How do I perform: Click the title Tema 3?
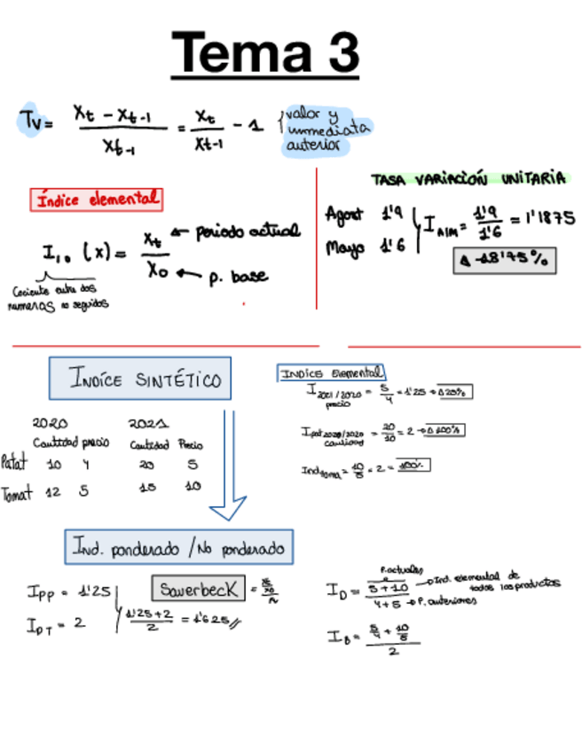(x=265, y=52)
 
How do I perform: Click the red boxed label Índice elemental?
(x=97, y=200)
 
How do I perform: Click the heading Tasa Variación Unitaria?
(x=468, y=178)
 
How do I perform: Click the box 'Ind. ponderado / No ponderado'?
(x=179, y=548)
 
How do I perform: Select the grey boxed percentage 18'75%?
(x=505, y=261)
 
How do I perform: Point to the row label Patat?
(x=15, y=462)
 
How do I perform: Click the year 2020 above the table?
(x=50, y=424)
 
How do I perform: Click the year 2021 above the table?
(x=148, y=424)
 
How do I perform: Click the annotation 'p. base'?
(x=239, y=277)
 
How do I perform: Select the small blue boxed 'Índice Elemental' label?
(x=331, y=373)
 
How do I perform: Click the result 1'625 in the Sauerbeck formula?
(x=214, y=619)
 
